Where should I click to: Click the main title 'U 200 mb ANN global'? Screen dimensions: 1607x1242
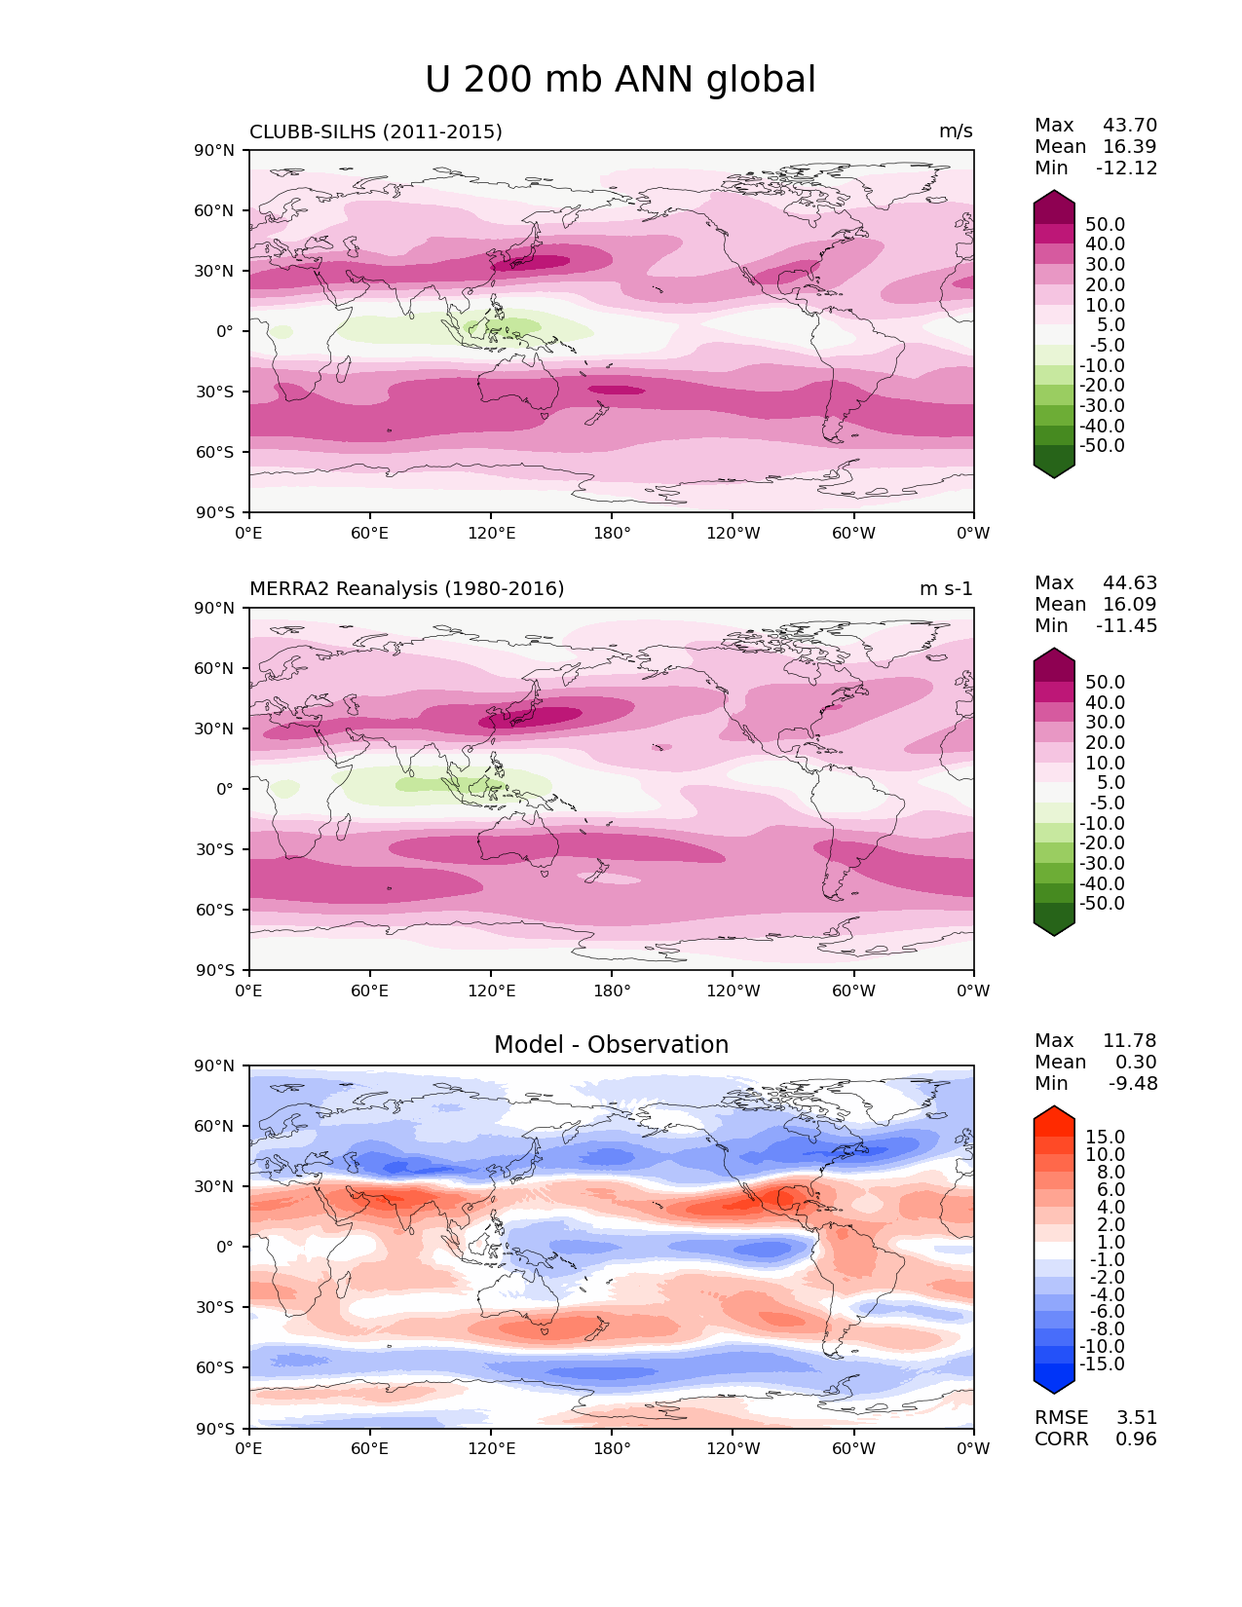pyautogui.click(x=621, y=80)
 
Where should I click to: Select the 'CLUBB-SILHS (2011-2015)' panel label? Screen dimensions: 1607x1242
pyautogui.click(x=376, y=131)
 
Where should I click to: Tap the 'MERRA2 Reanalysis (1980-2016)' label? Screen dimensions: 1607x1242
pyautogui.click(x=407, y=589)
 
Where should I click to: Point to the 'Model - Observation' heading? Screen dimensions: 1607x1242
pyautogui.click(x=611, y=1045)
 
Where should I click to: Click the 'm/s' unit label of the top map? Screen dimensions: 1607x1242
pyautogui.click(x=956, y=131)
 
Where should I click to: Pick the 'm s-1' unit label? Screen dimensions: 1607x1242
pyautogui.click(x=946, y=589)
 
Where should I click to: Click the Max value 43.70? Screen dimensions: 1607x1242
pyautogui.click(x=1130, y=126)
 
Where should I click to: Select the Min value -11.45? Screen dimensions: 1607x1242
pyautogui.click(x=1127, y=626)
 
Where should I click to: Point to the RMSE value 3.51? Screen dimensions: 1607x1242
pyautogui.click(x=1137, y=1418)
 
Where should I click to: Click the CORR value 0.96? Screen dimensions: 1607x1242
pyautogui.click(x=1137, y=1439)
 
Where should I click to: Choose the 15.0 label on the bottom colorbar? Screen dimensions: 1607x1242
pyautogui.click(x=1106, y=1138)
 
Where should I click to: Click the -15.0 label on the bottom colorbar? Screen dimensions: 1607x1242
pyautogui.click(x=1102, y=1364)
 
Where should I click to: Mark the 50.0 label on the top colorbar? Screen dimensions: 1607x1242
pyautogui.click(x=1106, y=225)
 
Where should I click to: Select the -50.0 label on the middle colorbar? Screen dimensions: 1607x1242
pyautogui.click(x=1102, y=904)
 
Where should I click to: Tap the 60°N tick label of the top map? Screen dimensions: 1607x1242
pyautogui.click(x=215, y=210)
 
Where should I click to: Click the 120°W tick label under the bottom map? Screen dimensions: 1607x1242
pyautogui.click(x=734, y=1449)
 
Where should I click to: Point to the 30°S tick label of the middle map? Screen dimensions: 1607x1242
pyautogui.click(x=215, y=849)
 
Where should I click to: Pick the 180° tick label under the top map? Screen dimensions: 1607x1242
pyautogui.click(x=612, y=534)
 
